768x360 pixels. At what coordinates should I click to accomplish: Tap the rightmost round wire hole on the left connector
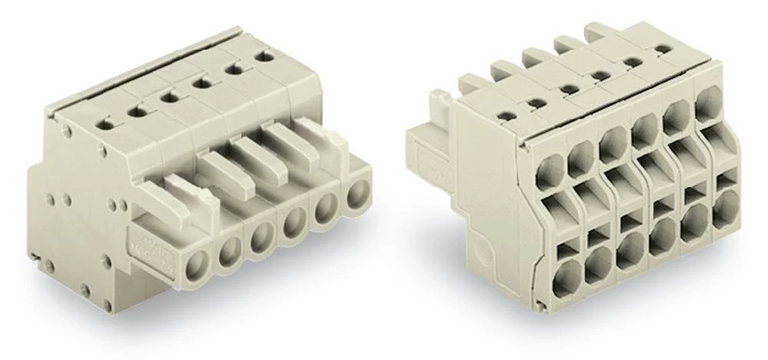click(x=356, y=195)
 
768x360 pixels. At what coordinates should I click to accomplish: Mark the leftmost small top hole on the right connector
click(x=505, y=116)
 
